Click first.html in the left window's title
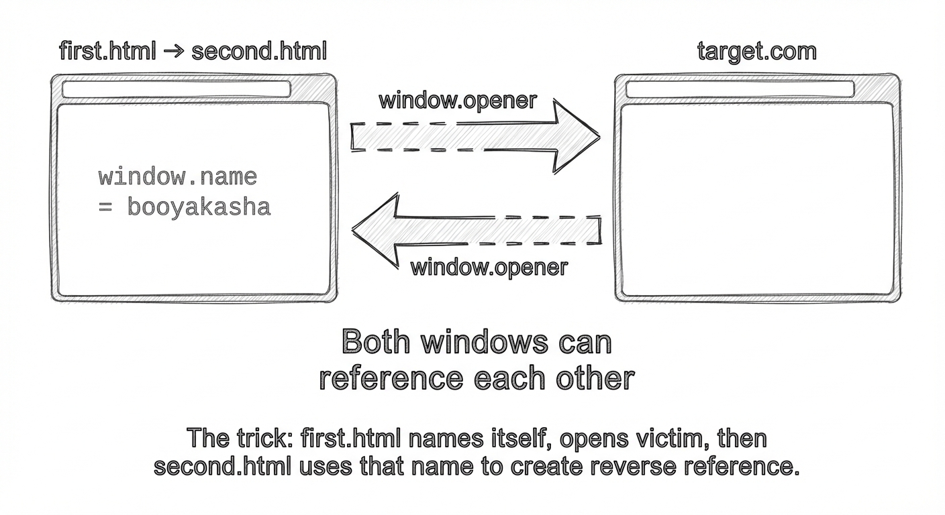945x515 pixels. click(x=107, y=51)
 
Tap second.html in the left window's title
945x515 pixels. click(x=259, y=51)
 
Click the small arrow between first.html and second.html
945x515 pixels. click(x=173, y=51)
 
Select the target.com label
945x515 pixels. click(x=757, y=51)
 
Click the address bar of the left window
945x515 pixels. click(x=177, y=89)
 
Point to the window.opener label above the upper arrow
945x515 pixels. click(x=458, y=101)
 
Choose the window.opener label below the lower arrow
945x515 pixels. click(x=489, y=268)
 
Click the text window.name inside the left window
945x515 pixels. click(x=178, y=177)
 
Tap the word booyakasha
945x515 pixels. click(x=199, y=207)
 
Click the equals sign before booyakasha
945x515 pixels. click(x=105, y=207)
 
